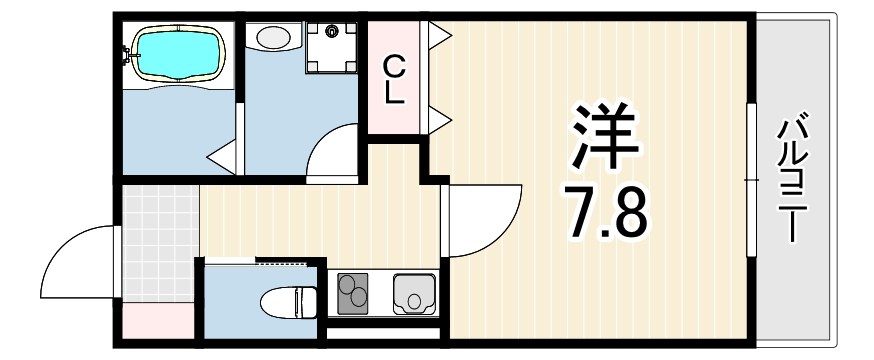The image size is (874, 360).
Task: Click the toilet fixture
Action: point(288,299)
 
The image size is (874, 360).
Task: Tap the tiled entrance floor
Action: point(158,240)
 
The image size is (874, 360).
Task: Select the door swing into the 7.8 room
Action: point(485,220)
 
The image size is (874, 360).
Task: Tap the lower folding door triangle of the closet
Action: point(440,120)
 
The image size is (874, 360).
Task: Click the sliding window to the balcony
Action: point(749,178)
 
